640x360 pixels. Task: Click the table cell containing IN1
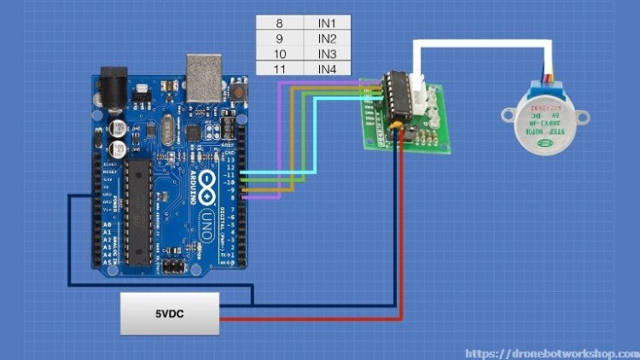point(327,23)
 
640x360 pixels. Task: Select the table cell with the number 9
point(279,38)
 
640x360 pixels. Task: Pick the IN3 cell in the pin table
point(327,53)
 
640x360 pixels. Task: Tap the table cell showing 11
point(279,68)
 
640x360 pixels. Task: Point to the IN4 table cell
point(327,68)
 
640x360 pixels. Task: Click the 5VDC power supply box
point(168,313)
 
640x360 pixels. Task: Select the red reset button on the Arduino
point(240,89)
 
